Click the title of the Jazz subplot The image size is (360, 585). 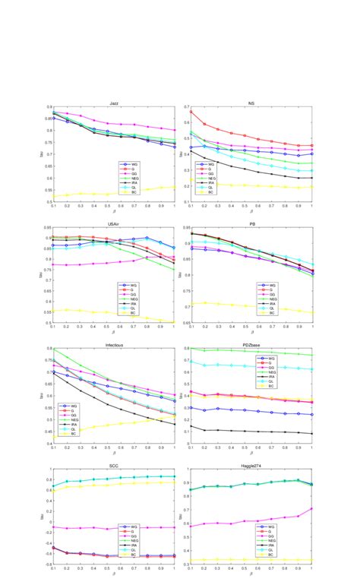114,103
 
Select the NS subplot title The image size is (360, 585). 251,103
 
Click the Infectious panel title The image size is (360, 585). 114,344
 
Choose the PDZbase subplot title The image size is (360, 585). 251,344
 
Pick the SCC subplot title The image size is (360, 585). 114,464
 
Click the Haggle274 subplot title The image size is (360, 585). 251,464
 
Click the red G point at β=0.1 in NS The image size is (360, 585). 190,112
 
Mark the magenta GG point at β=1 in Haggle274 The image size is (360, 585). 312,509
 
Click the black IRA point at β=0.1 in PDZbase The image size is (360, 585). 190,425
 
